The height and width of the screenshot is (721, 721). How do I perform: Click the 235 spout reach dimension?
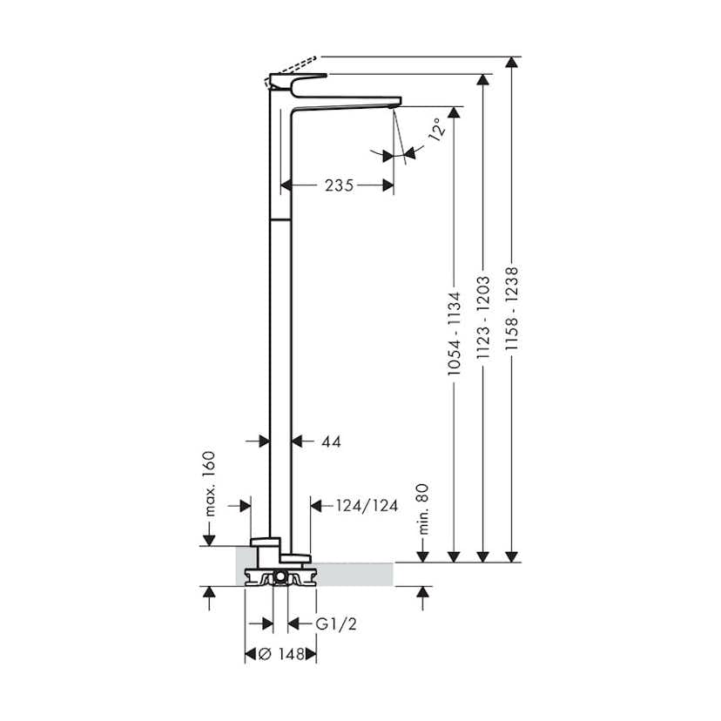[340, 185]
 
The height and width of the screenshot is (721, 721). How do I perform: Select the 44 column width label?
[331, 441]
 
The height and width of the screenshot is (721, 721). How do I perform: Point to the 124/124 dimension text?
[367, 506]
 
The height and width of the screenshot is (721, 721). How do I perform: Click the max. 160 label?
[208, 484]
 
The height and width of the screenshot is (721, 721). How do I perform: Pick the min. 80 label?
[422, 509]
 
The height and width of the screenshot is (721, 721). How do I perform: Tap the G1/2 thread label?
[336, 624]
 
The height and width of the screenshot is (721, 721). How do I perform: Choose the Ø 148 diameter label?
[281, 654]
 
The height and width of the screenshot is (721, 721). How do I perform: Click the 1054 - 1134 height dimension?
[454, 334]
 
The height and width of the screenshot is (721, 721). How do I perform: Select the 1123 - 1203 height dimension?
[482, 317]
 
